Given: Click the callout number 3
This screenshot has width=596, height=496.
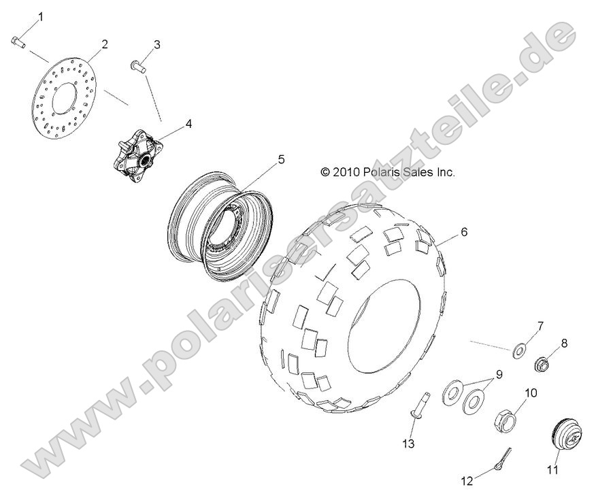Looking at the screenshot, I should tap(156, 46).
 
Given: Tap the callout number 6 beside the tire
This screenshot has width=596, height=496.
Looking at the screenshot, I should tap(464, 232).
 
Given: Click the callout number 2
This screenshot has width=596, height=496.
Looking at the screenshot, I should tap(105, 45).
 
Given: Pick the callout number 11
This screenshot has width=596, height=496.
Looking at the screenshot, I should tap(552, 469).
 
